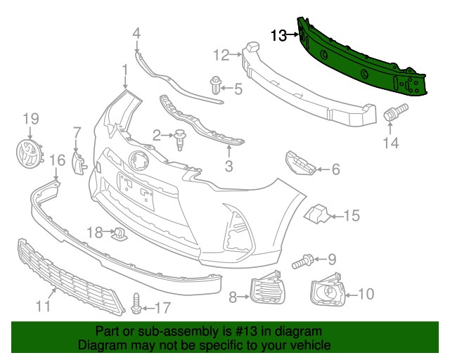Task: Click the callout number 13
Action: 278,35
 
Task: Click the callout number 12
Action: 221,54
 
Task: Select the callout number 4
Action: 136,32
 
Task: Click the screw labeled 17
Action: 136,304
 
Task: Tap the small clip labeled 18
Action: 118,233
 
